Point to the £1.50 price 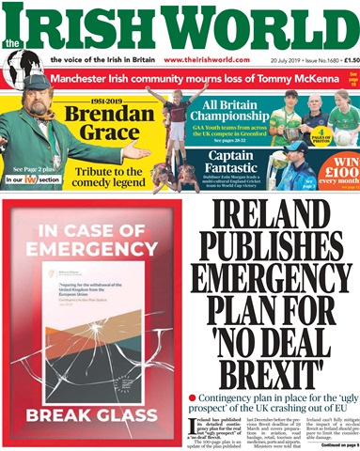pyautogui.click(x=344, y=60)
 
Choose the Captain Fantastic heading pyautogui.click(x=233, y=162)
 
